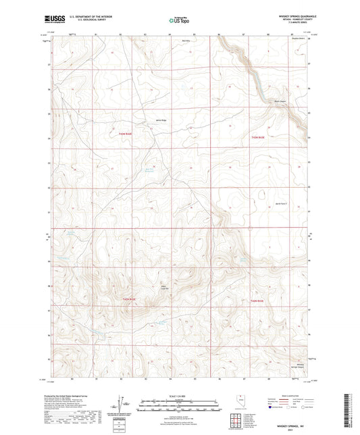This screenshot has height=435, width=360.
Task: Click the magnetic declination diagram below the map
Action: point(122,403)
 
